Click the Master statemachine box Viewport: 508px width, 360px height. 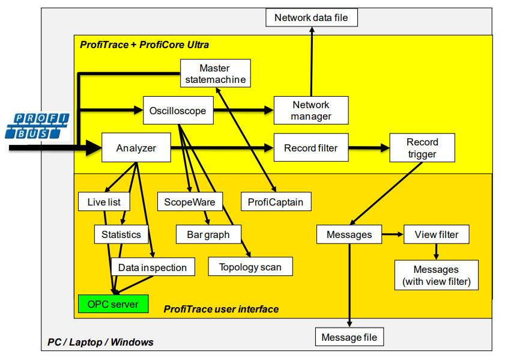(214, 74)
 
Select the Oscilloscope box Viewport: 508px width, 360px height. (178, 111)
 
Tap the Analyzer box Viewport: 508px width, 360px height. (136, 148)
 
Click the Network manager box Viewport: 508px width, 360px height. (310, 111)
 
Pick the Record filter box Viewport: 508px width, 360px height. (310, 148)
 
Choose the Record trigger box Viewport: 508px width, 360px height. (422, 148)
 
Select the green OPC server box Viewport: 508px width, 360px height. (113, 304)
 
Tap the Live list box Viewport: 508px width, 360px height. (104, 202)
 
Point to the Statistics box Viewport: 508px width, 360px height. (121, 234)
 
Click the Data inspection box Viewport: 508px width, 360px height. (153, 267)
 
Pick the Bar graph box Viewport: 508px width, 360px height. (208, 234)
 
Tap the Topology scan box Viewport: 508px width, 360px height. (250, 267)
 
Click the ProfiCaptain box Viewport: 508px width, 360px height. (276, 202)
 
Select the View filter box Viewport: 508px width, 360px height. (436, 234)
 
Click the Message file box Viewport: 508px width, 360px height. (349, 337)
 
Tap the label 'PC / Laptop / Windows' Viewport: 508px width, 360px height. (100, 342)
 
